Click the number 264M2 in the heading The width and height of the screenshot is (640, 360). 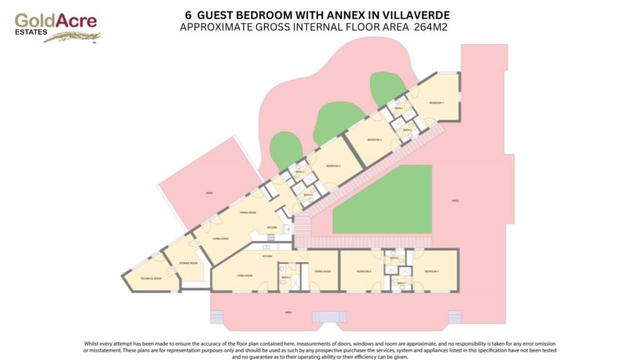click(431, 27)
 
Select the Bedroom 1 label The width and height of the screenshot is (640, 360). click(436, 103)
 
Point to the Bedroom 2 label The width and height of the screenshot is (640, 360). click(374, 139)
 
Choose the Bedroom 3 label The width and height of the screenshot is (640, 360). click(332, 166)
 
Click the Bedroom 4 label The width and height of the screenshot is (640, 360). click(364, 271)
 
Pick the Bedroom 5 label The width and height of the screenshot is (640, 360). click(432, 271)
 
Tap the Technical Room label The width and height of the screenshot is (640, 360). click(151, 278)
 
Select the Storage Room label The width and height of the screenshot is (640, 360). click(188, 263)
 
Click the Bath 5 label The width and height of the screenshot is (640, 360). click(286, 277)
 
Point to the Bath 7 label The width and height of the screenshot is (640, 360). click(401, 283)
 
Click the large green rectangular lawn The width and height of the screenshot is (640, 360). click(382, 199)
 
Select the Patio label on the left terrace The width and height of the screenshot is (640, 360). click(209, 194)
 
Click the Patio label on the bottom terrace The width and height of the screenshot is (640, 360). click(288, 312)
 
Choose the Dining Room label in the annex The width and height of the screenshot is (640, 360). click(322, 271)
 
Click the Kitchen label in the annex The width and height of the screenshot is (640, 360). click(267, 257)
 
